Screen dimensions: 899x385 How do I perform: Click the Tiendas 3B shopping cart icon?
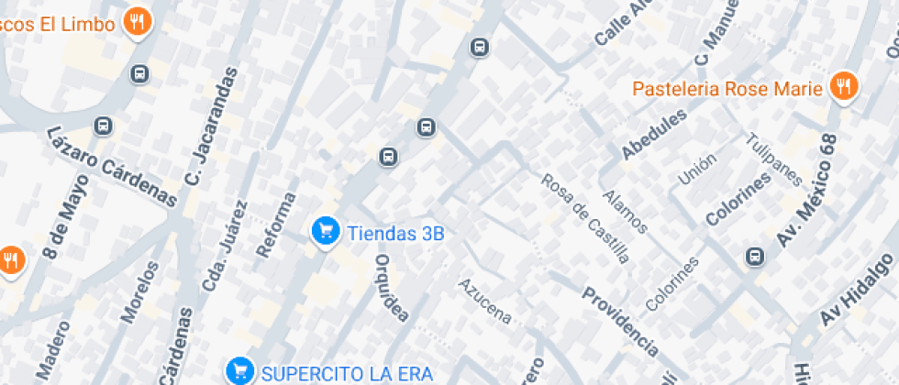pyautogui.click(x=325, y=233)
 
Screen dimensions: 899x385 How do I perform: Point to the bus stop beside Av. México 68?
pyautogui.click(x=755, y=257)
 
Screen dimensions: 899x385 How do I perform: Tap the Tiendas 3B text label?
pyautogui.click(x=395, y=233)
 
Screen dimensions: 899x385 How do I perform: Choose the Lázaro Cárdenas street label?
pyautogui.click(x=111, y=165)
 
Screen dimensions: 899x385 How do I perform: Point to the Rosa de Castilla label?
pyautogui.click(x=586, y=218)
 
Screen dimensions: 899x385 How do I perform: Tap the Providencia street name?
pyautogui.click(x=621, y=320)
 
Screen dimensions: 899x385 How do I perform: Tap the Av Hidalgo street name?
pyautogui.click(x=857, y=291)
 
